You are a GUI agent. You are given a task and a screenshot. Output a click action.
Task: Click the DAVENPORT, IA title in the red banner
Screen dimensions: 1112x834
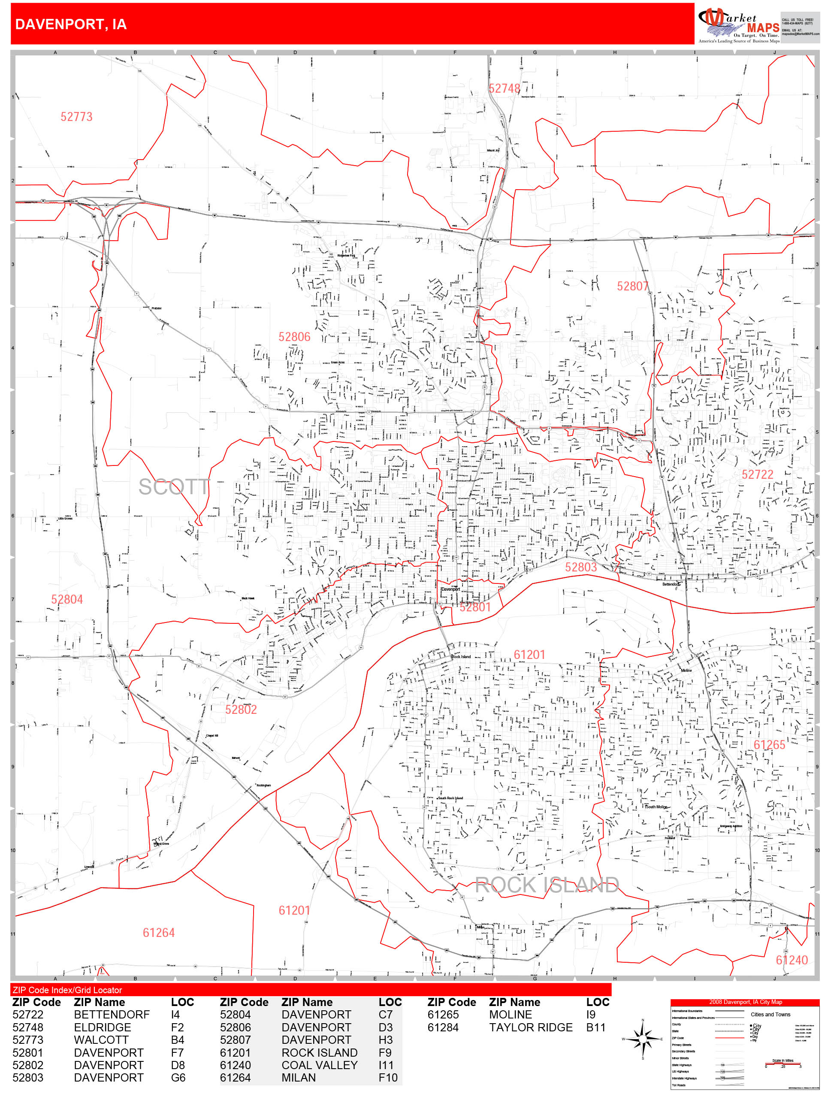[x=71, y=24]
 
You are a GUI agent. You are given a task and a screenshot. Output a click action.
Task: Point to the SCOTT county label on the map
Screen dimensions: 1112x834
[x=173, y=486]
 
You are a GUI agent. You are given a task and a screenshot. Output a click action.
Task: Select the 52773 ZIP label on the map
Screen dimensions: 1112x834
[x=76, y=117]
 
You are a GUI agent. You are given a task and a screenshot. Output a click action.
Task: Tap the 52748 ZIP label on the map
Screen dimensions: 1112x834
[x=504, y=88]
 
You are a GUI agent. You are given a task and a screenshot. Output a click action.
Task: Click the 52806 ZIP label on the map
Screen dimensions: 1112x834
[x=294, y=337]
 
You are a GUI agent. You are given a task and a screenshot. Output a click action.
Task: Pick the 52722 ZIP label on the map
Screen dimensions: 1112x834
[x=757, y=474]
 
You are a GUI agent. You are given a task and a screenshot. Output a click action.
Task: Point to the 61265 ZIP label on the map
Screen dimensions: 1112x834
[x=769, y=744]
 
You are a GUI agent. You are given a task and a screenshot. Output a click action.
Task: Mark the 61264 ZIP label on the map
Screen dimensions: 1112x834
[x=158, y=933]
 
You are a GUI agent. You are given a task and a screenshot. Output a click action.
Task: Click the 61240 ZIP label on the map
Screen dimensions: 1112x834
[x=791, y=960]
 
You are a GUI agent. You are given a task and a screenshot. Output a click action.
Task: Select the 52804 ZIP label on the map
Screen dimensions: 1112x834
[x=67, y=599]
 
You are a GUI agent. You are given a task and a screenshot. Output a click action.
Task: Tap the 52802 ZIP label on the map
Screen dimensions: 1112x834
[x=241, y=709]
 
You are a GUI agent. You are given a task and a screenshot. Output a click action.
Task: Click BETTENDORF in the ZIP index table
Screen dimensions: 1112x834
[x=112, y=1015]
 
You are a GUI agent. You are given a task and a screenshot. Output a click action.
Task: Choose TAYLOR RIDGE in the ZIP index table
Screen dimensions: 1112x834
[x=530, y=1027]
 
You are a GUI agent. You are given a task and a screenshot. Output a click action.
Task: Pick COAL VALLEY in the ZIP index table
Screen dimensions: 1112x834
[x=319, y=1065]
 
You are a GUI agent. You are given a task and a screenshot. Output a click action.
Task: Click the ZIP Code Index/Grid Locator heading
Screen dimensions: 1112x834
[x=67, y=990]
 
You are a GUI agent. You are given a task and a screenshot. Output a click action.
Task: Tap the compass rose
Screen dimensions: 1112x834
[x=643, y=1039]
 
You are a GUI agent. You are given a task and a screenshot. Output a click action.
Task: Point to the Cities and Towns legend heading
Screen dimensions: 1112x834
[x=770, y=1015]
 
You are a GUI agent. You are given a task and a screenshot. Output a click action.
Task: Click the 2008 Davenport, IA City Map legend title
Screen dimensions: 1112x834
[x=745, y=1002]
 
